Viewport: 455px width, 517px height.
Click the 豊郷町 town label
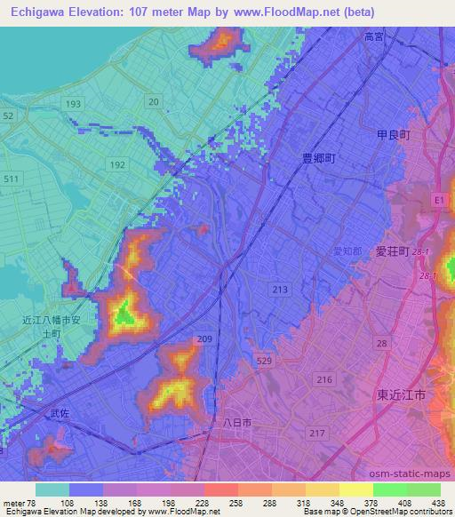[317, 157]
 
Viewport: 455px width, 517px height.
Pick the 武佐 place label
[59, 413]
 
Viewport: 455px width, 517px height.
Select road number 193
[73, 104]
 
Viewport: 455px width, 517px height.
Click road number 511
[11, 179]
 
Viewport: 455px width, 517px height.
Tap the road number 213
[281, 290]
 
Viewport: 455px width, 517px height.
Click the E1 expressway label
[438, 202]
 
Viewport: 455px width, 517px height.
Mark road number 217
[315, 433]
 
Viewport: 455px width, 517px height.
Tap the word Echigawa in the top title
[40, 12]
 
